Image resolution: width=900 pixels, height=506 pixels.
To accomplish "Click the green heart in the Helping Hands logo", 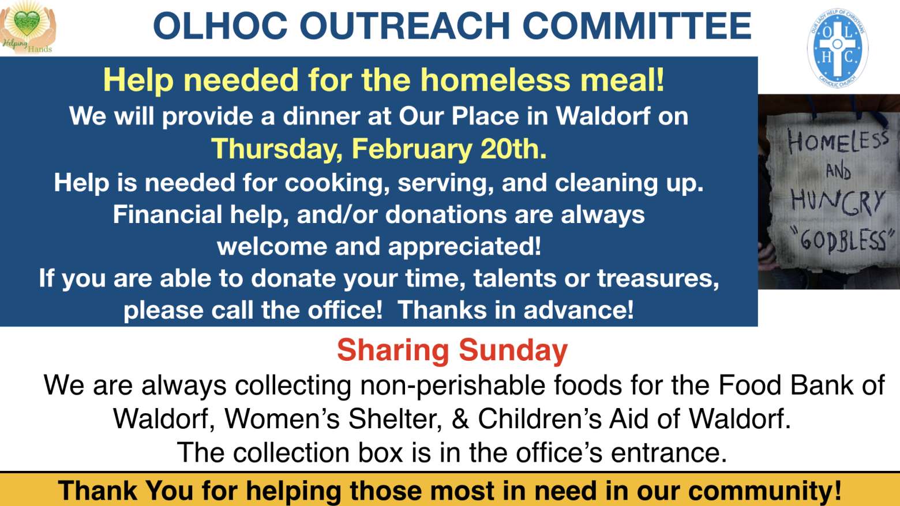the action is pyautogui.click(x=27, y=22).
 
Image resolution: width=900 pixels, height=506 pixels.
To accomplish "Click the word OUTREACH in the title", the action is pyautogui.click(x=404, y=27).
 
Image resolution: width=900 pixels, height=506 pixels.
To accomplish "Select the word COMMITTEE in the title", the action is pyautogui.click(x=637, y=27).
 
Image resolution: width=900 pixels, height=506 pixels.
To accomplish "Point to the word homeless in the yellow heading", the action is pyautogui.click(x=495, y=80).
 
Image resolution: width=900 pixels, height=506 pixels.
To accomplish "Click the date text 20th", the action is pyautogui.click(x=513, y=149).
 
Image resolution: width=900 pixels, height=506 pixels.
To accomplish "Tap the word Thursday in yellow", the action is pyautogui.click(x=277, y=150).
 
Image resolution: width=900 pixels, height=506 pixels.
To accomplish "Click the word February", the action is pyautogui.click(x=411, y=150).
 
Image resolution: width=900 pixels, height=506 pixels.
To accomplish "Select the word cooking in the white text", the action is pyautogui.click(x=337, y=183).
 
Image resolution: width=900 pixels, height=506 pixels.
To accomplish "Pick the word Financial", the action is pyautogui.click(x=167, y=214).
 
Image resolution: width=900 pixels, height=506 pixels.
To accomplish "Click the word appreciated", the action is pyautogui.click(x=464, y=247).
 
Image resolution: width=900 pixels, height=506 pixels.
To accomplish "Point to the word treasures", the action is pyautogui.click(x=658, y=278).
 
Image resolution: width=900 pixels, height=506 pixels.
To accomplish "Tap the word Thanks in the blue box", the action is pyautogui.click(x=442, y=310).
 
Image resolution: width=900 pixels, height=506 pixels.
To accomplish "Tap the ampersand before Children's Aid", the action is pyautogui.click(x=460, y=419).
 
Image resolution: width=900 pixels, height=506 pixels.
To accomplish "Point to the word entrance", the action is pyautogui.click(x=669, y=452).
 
